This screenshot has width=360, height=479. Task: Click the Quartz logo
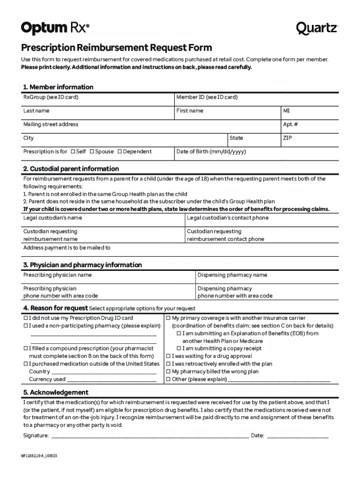(317, 29)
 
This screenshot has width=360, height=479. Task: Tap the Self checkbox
(73, 152)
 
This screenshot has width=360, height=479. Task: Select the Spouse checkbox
(92, 152)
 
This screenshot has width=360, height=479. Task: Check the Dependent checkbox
(120, 152)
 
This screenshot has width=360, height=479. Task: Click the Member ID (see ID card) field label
(207, 97)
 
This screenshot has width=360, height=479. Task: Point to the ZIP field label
(288, 138)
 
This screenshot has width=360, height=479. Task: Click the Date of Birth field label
(211, 152)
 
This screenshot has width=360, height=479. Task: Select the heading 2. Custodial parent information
(71, 169)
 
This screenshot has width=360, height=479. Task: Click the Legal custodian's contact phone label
(228, 218)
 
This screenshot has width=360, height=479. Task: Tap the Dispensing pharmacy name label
(232, 275)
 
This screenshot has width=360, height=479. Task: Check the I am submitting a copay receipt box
(179, 348)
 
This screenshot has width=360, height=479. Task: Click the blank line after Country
(103, 372)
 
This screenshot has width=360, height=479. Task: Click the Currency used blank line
(111, 380)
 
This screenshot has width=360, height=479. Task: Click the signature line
(150, 436)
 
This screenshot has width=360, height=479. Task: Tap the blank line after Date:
(297, 436)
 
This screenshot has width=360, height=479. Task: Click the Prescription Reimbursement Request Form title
(116, 48)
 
